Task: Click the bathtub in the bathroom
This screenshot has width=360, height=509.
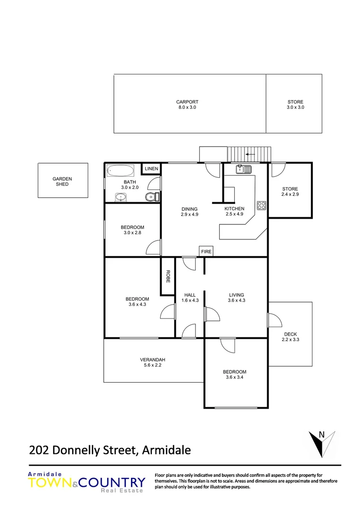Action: [121, 170]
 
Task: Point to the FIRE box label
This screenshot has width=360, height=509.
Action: [206, 252]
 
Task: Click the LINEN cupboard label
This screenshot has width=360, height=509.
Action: [152, 169]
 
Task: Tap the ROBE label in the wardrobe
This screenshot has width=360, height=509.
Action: [167, 276]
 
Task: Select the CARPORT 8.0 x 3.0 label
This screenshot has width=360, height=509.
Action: [187, 105]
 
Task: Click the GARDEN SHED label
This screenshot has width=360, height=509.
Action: [62, 181]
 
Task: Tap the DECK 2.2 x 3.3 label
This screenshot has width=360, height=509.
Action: [290, 337]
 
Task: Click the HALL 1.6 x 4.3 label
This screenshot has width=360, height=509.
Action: [190, 298]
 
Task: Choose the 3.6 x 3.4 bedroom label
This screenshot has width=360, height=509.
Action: [234, 374]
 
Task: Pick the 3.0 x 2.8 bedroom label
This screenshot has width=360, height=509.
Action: [132, 230]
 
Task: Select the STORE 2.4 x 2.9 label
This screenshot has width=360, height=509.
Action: [290, 191]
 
